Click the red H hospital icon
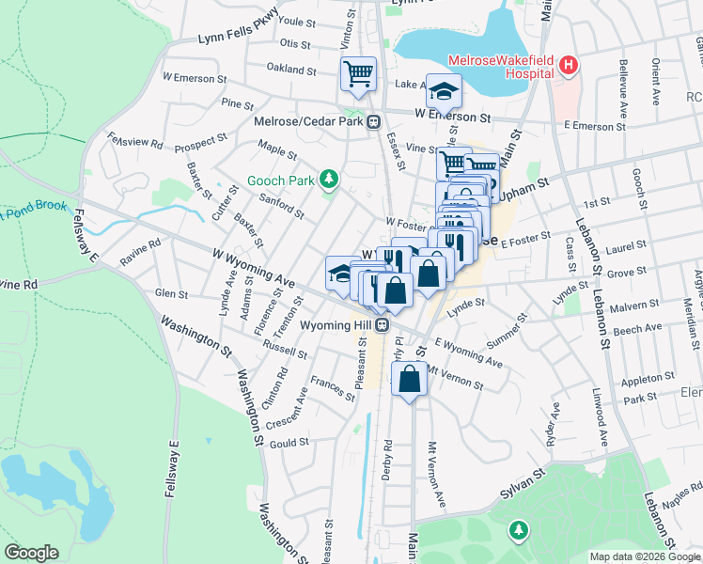point(568,65)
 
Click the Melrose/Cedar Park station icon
point(373,120)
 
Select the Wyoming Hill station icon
point(382,324)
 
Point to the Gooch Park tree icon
point(328,178)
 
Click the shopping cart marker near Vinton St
point(358,73)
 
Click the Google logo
point(31,552)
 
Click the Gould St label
point(289,442)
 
